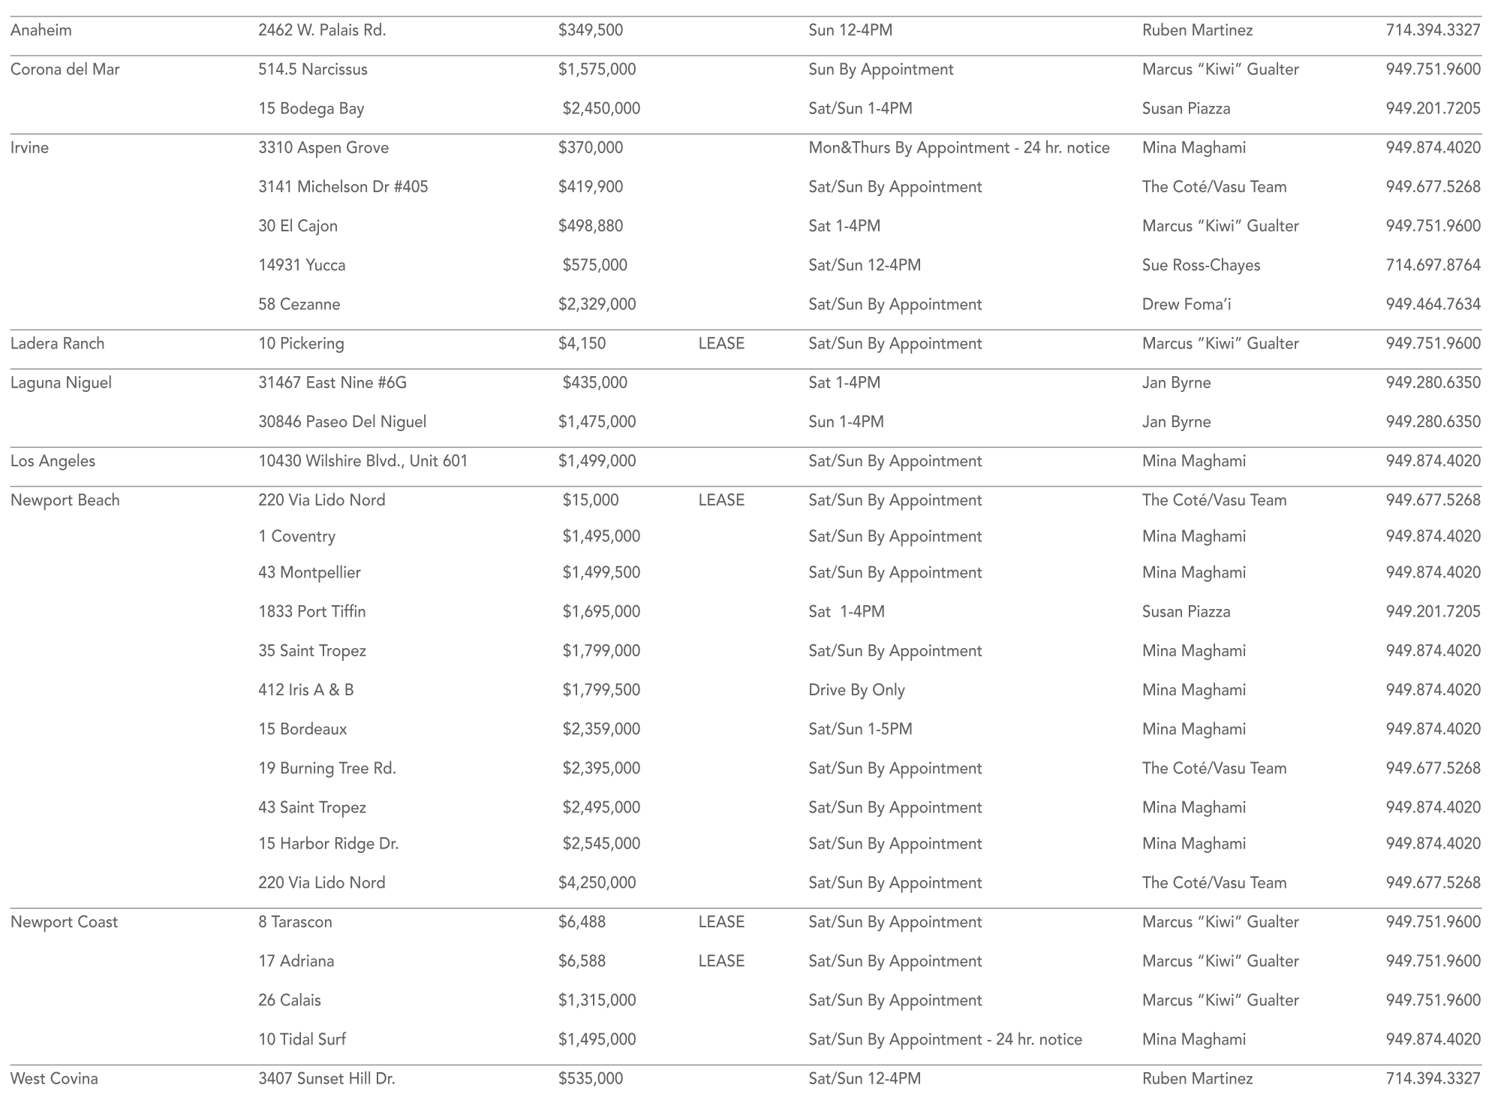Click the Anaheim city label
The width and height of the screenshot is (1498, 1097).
click(x=41, y=31)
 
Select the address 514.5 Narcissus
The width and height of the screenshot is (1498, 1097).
click(x=313, y=70)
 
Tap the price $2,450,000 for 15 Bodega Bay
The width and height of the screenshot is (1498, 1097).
click(x=601, y=109)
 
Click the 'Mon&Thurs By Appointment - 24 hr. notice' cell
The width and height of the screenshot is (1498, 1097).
click(x=958, y=148)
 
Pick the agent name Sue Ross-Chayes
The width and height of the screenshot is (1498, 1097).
click(x=1201, y=265)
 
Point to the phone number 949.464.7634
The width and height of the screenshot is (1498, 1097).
click(x=1433, y=304)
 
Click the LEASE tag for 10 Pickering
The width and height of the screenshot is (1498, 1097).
click(x=721, y=344)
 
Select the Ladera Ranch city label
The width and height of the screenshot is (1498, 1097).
click(x=58, y=344)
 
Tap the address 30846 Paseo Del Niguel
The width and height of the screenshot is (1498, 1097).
click(x=342, y=422)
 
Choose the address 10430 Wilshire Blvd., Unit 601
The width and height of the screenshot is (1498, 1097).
click(x=362, y=461)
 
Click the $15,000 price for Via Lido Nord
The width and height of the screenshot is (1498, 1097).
click(x=591, y=500)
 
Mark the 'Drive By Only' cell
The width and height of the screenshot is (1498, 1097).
click(x=856, y=690)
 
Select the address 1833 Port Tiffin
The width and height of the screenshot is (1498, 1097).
click(x=312, y=612)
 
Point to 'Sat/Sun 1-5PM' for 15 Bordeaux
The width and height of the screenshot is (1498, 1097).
click(x=860, y=729)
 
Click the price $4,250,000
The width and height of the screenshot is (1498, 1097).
click(x=597, y=883)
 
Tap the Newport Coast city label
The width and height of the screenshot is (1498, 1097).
click(x=65, y=922)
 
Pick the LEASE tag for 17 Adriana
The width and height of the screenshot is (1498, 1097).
click(x=721, y=961)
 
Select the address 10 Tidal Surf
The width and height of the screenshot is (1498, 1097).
click(x=302, y=1040)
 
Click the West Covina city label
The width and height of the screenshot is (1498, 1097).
click(x=54, y=1079)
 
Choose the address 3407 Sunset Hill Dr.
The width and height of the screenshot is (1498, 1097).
click(x=326, y=1079)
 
